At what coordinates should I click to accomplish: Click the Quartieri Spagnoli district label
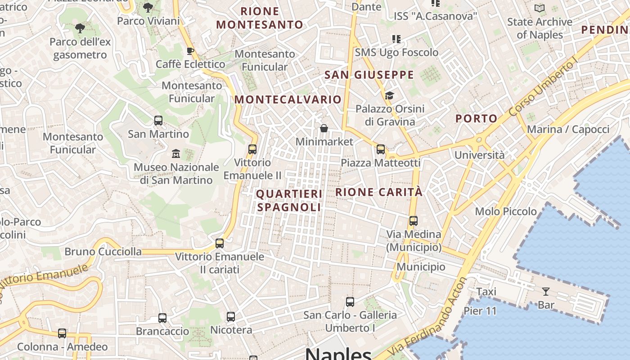289,200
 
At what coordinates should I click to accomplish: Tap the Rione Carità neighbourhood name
379,192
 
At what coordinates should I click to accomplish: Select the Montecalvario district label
288,99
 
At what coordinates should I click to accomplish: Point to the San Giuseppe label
369,75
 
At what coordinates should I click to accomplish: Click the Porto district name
476,119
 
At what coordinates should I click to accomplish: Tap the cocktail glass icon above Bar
546,292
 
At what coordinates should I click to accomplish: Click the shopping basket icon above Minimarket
324,129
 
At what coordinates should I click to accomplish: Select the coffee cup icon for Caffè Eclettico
190,51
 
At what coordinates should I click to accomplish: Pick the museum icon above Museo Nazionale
176,154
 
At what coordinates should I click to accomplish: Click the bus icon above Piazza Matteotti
381,149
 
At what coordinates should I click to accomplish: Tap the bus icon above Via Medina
414,221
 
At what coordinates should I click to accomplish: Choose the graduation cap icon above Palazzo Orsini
389,95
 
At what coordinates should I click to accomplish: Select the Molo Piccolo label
506,211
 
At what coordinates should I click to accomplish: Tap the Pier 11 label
480,311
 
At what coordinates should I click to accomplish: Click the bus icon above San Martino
158,121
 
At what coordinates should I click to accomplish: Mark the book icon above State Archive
539,8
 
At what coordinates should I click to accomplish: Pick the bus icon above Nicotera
231,317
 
